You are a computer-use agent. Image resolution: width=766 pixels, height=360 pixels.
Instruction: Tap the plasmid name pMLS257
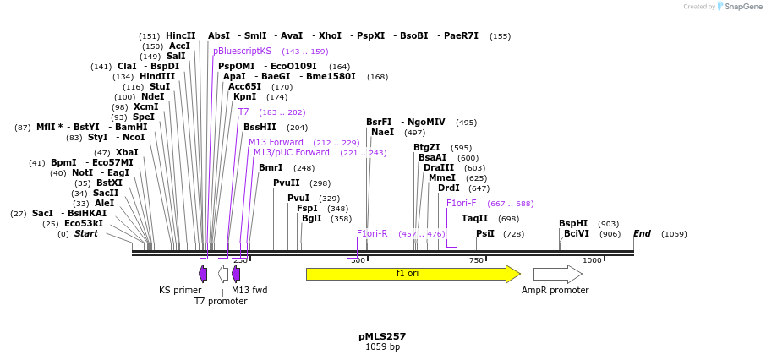click(x=382, y=336)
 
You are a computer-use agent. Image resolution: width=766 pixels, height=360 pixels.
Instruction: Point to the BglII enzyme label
click(x=312, y=219)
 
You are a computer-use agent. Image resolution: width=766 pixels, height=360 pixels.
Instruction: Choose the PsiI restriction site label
click(x=485, y=233)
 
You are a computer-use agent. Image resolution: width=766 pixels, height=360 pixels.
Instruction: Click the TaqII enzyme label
click(x=474, y=219)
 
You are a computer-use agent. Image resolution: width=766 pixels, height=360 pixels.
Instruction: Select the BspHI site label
click(x=573, y=224)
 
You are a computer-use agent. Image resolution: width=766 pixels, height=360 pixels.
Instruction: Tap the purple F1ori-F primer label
click(x=462, y=203)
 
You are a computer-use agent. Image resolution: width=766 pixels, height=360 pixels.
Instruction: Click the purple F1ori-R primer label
click(x=372, y=233)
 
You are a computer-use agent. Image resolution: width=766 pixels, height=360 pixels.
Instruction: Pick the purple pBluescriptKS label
click(x=243, y=52)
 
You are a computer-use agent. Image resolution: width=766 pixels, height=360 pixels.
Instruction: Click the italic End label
click(x=643, y=233)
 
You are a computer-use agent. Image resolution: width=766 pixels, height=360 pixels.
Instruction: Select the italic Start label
click(x=85, y=233)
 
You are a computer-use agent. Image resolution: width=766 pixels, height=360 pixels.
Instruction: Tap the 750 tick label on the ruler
click(x=476, y=260)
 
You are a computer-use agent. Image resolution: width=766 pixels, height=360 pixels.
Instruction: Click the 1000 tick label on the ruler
click(x=592, y=260)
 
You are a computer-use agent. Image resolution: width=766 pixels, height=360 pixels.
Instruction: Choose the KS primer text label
click(x=180, y=290)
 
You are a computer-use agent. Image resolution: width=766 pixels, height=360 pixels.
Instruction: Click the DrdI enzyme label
click(x=449, y=188)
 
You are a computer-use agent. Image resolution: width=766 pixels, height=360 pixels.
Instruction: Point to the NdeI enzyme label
click(x=152, y=97)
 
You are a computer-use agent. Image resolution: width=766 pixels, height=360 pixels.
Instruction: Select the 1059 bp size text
click(x=382, y=347)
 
